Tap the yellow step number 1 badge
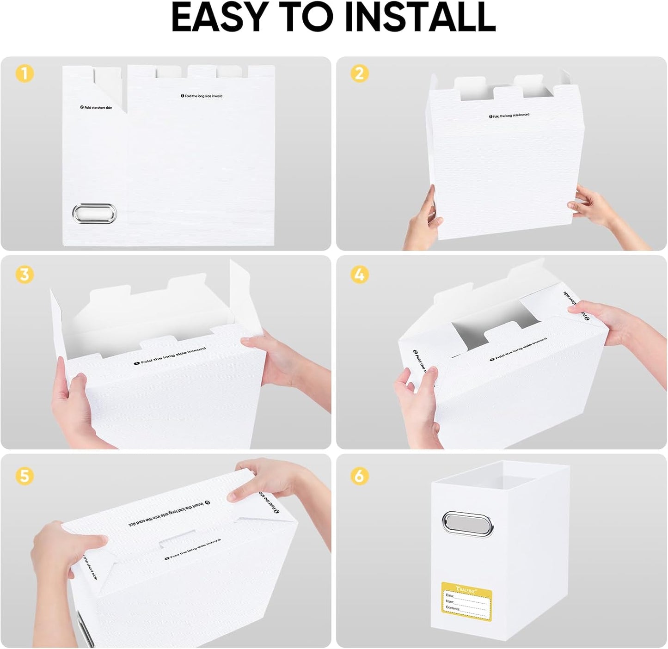coord(25,73)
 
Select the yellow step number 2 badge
coord(360,73)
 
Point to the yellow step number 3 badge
coord(25,275)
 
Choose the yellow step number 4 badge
coord(360,275)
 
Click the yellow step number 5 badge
coord(25,476)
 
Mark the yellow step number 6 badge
coord(360,476)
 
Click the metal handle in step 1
coord(94,214)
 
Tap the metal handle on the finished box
coord(467,524)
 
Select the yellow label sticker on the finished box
coord(466,600)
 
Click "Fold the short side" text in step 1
coord(96,108)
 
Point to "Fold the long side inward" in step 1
coord(202,96)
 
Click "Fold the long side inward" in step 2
coord(509,116)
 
